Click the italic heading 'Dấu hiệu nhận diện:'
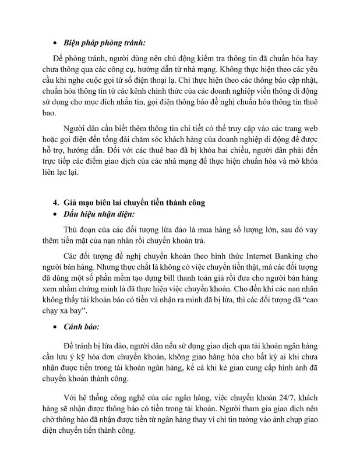(99, 214)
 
